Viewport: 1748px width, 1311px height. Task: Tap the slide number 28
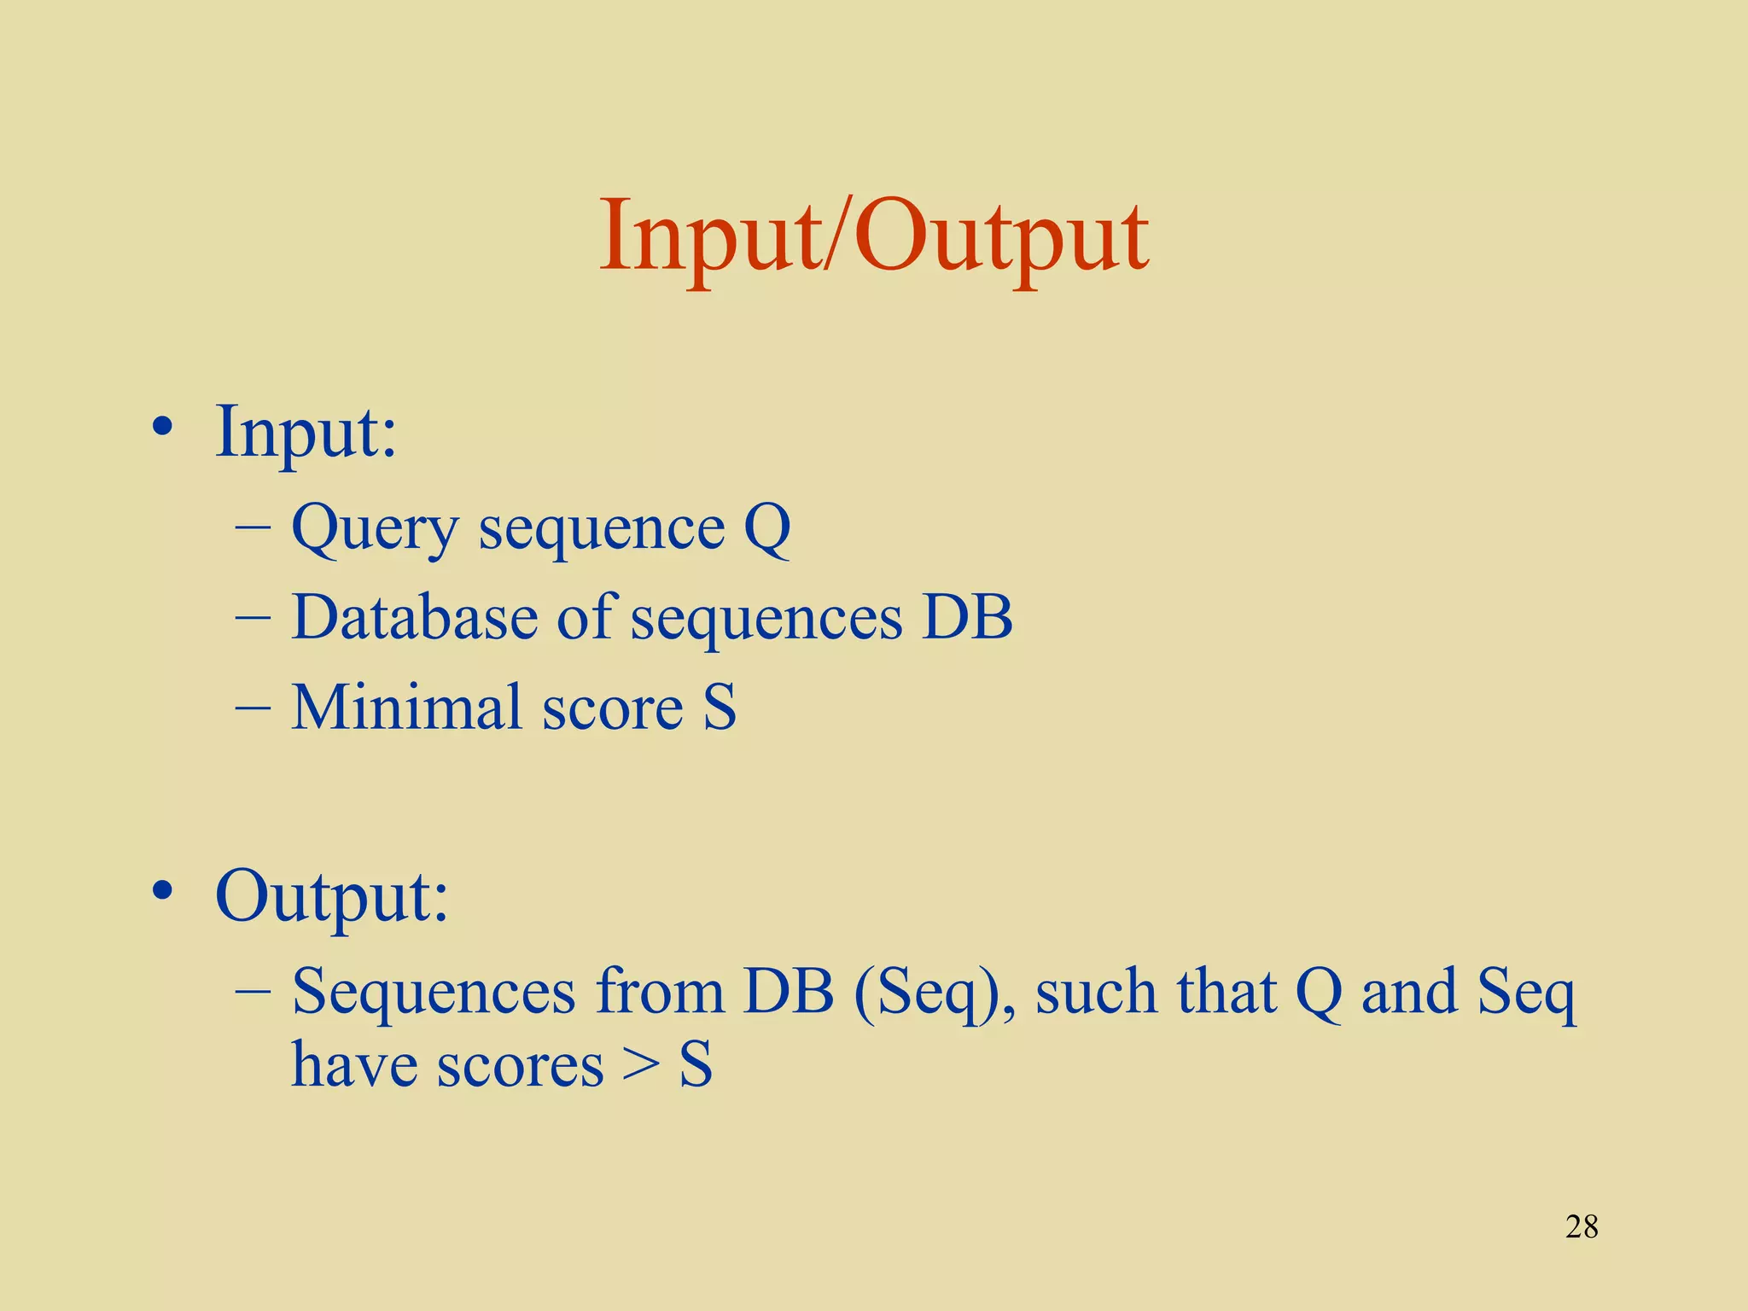(x=1582, y=1227)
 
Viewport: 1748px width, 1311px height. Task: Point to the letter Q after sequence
(x=767, y=529)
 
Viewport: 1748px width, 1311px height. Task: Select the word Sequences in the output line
(x=434, y=992)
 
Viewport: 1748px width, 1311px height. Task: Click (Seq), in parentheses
(x=935, y=993)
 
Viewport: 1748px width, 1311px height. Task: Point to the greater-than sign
(x=640, y=1067)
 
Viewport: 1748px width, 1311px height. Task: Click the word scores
(x=520, y=1067)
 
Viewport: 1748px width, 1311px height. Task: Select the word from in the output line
(x=659, y=992)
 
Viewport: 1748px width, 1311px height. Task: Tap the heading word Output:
(x=331, y=896)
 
